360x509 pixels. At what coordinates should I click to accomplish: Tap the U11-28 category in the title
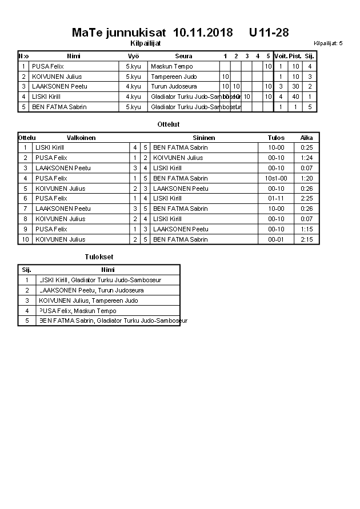pos(269,33)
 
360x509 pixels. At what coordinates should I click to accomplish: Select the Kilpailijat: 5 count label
pos(328,43)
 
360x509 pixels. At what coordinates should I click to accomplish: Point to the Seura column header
pos(183,56)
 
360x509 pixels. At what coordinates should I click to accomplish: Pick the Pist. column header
pos(295,56)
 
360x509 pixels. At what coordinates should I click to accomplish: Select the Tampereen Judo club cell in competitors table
pos(174,77)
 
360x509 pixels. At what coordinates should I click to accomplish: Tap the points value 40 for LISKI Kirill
pos(295,97)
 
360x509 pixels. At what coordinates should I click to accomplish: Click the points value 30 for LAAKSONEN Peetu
pos(295,87)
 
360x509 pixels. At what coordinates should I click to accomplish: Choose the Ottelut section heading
pos(169,124)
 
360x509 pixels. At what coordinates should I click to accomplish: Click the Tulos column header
pos(276,138)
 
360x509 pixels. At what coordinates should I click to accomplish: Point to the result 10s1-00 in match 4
pos(276,178)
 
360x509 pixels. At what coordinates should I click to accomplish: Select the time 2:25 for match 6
pos(307,199)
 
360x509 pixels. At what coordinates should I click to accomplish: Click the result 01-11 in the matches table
pos(276,199)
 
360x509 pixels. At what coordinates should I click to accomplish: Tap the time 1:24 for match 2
pos(307,158)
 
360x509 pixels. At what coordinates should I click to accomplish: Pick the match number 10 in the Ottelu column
pos(25,240)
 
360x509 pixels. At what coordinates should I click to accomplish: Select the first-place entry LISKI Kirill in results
pos(100,280)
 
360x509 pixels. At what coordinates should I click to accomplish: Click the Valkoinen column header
pos(81,138)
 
